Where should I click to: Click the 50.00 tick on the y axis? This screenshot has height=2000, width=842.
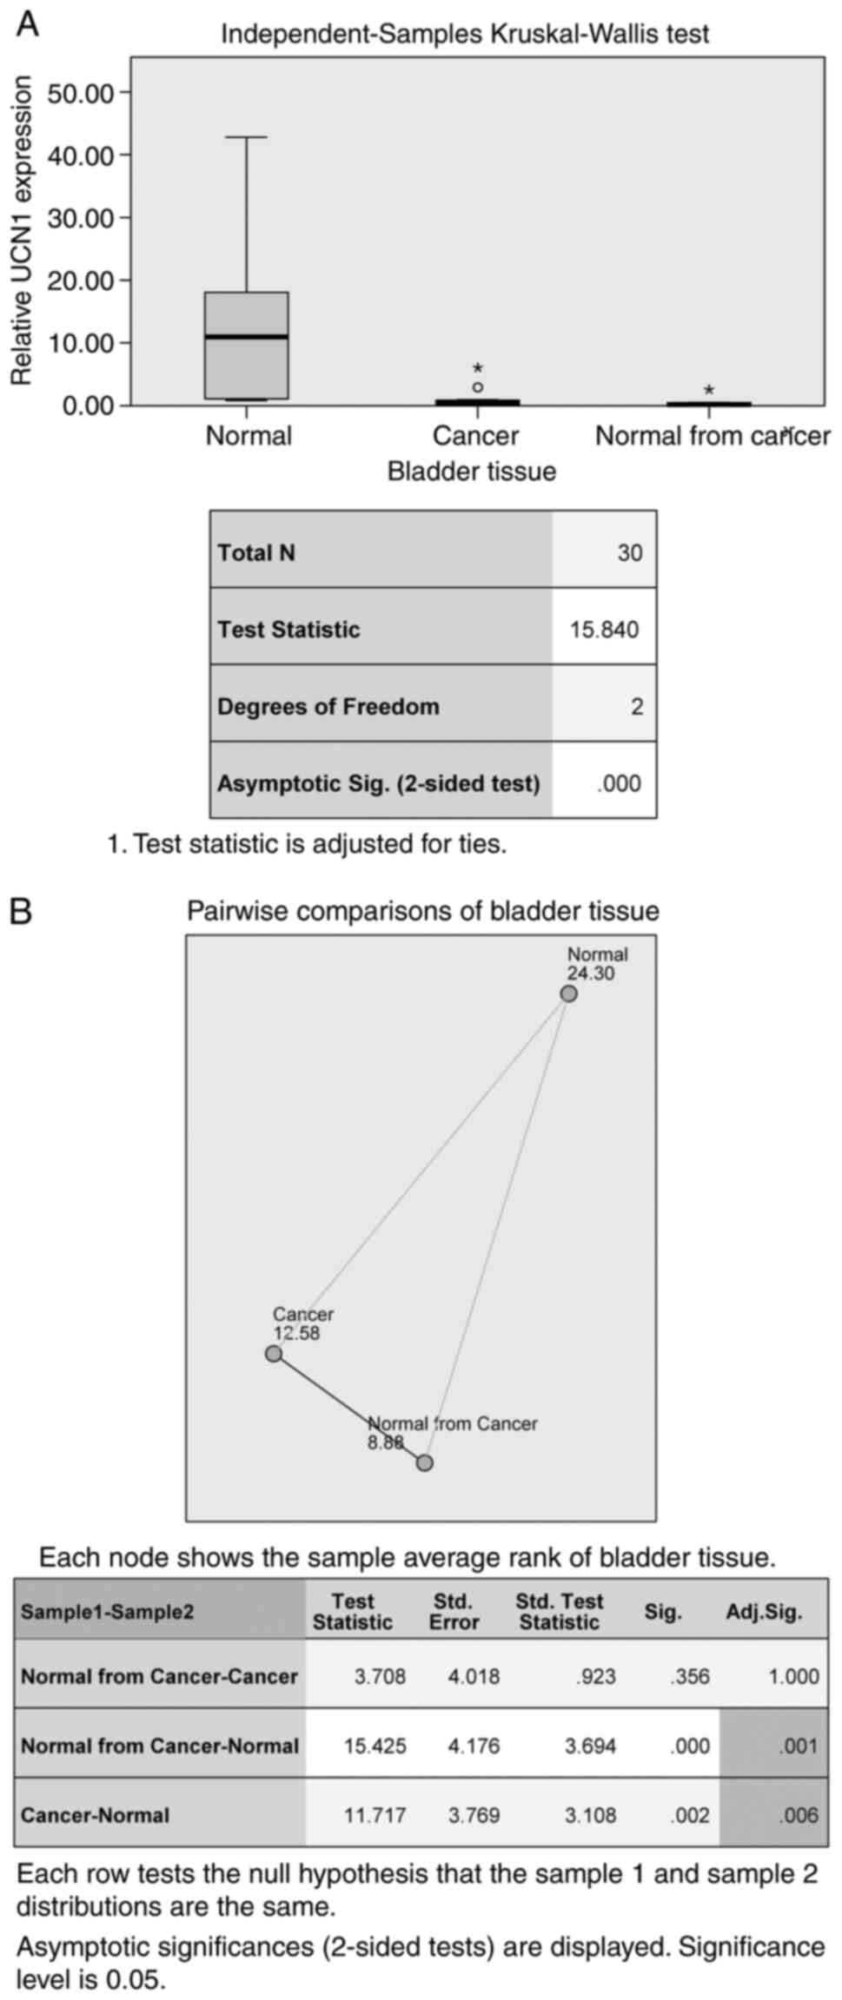(x=81, y=92)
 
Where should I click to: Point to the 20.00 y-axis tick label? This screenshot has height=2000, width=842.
(x=81, y=280)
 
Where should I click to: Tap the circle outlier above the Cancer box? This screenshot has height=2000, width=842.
(x=478, y=387)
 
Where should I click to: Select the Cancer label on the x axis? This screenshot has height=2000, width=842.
(x=475, y=435)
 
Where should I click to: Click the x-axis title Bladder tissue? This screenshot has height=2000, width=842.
(x=471, y=472)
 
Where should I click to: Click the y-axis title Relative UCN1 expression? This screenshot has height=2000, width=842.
(x=22, y=230)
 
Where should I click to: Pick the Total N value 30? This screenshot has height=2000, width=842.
(x=630, y=552)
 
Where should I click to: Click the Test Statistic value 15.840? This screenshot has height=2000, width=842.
(x=605, y=630)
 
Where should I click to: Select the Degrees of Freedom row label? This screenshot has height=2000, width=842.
(x=328, y=706)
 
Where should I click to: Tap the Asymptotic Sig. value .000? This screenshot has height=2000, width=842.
(x=620, y=783)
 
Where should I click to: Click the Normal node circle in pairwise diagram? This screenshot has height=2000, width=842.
(x=568, y=993)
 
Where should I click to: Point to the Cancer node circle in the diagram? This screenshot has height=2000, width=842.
(x=274, y=1354)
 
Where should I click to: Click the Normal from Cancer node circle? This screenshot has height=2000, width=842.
(x=424, y=1463)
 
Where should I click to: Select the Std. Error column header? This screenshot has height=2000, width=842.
(x=454, y=1611)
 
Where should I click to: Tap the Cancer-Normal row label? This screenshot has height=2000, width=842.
(x=96, y=1815)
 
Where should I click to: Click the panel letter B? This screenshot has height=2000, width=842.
(x=21, y=912)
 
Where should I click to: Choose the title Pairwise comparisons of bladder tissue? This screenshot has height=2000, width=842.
(x=423, y=911)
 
